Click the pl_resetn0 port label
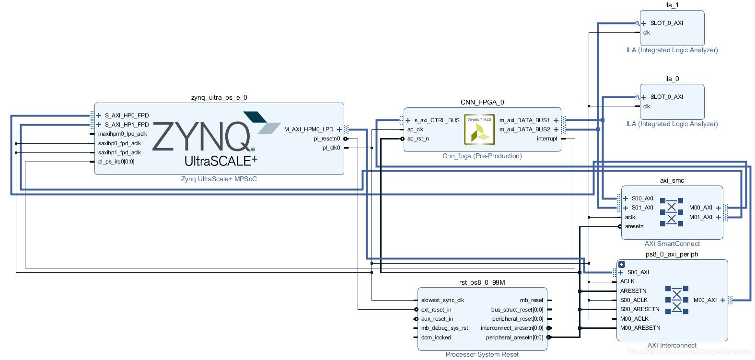327,139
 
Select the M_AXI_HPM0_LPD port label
309,129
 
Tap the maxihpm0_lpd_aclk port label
123,134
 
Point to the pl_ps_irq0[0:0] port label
116,162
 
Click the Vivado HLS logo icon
479,129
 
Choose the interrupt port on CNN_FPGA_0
547,139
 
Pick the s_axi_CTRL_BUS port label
437,120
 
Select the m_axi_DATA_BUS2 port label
525,129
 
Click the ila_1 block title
672,5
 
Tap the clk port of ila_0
647,106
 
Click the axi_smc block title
672,180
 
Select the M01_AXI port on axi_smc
701,217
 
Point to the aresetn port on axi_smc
634,226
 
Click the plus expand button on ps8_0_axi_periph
622,264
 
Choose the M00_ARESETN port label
640,328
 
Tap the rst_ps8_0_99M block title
482,282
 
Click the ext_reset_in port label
436,310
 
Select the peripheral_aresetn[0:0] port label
514,337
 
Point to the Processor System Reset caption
482,355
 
